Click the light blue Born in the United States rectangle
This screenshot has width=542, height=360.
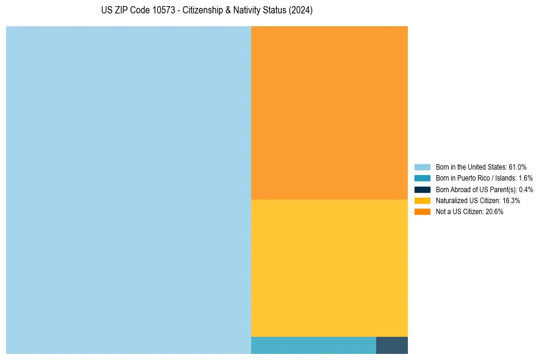point(128,190)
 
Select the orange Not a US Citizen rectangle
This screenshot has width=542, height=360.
point(329,113)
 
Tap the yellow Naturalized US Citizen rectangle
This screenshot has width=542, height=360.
point(329,268)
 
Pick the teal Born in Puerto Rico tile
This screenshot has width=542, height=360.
point(313,345)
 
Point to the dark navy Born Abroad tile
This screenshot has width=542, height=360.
point(392,345)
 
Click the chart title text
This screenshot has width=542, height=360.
point(207,11)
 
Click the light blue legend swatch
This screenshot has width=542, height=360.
point(423,167)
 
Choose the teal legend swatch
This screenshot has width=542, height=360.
point(423,178)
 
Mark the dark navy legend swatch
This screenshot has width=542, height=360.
point(423,189)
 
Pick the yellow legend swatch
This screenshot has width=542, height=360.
point(423,200)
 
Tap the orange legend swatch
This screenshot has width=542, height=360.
point(423,212)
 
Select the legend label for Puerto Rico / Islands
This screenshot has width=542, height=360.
point(476,178)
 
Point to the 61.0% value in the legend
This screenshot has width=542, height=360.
point(518,167)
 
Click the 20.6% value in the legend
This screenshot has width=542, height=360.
point(494,212)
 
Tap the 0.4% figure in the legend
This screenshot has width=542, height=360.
point(526,189)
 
